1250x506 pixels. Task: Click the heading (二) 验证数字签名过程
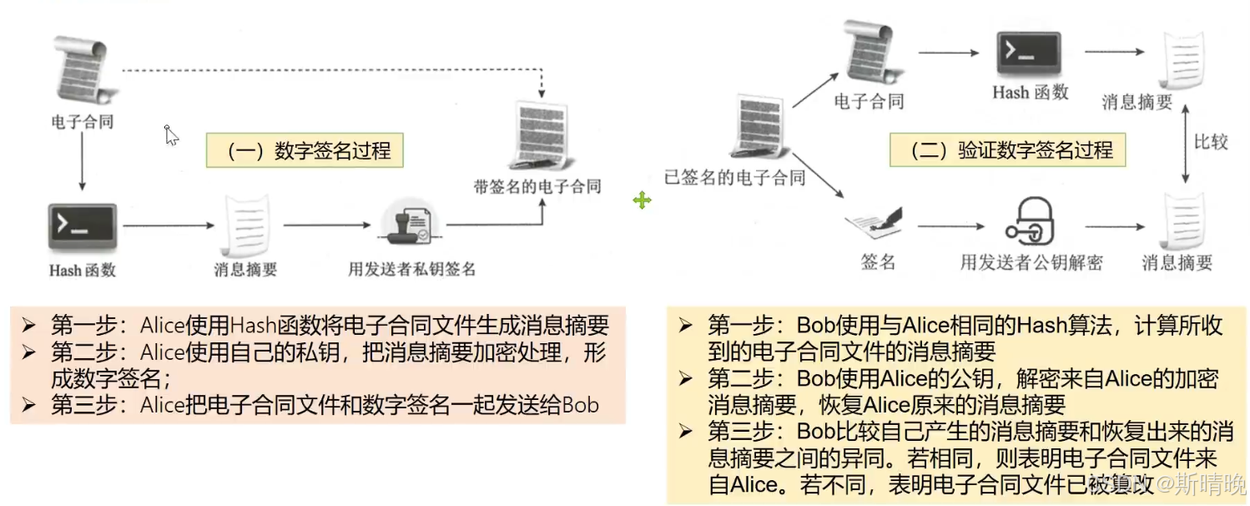(1008, 151)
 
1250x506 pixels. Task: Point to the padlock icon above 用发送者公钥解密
(1031, 221)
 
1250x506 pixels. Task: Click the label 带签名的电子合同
(537, 185)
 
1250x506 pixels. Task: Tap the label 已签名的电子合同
(734, 177)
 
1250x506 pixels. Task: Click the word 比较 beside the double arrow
(1210, 142)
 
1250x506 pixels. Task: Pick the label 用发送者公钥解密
(1031, 262)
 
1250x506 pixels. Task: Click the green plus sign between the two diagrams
(642, 200)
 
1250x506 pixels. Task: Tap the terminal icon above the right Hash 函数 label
(1029, 54)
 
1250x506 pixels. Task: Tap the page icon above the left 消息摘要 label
(245, 225)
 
